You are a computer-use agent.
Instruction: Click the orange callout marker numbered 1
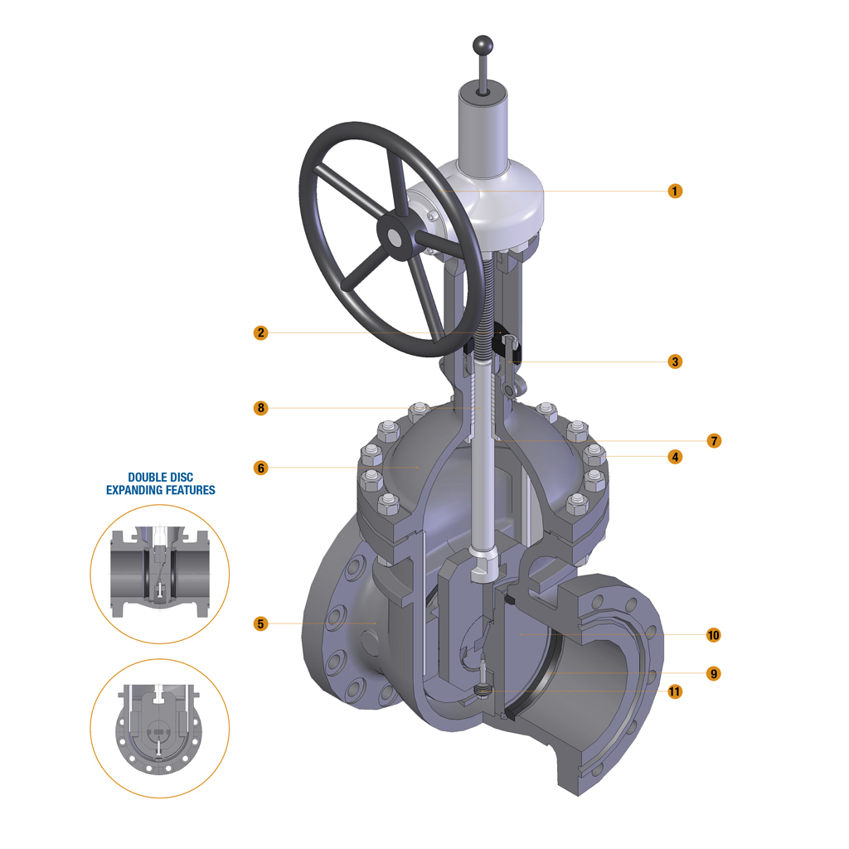[675, 192]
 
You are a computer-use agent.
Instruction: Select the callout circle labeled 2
[260, 332]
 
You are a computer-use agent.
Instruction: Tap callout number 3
[675, 361]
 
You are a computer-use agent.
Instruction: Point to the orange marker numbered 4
[675, 457]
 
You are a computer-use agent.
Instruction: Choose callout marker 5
[260, 623]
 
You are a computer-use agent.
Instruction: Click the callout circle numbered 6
[260, 468]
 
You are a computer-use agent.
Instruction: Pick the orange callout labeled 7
[714, 441]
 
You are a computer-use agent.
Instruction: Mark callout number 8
[260, 408]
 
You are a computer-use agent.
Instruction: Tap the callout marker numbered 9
[714, 673]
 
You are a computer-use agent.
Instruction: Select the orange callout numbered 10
[714, 635]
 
